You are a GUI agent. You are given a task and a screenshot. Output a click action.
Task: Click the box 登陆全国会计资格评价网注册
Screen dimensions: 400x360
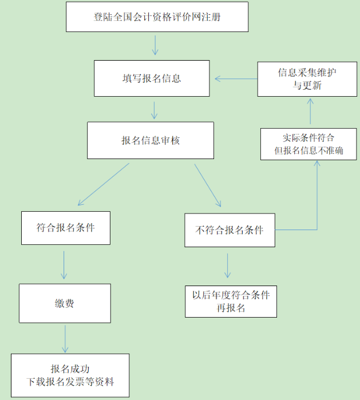click(157, 17)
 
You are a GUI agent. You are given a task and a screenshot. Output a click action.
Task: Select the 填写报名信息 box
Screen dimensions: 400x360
click(152, 78)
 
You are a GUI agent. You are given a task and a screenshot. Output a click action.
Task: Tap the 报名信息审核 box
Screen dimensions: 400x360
click(151, 140)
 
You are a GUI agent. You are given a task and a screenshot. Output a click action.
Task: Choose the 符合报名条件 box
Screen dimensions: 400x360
click(65, 227)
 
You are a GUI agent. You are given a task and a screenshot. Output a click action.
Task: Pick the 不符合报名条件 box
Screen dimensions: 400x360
click(230, 230)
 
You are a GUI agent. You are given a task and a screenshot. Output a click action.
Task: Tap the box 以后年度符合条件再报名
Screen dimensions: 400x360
click(231, 301)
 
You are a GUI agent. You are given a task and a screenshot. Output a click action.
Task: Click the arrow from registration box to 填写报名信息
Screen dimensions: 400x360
click(155, 45)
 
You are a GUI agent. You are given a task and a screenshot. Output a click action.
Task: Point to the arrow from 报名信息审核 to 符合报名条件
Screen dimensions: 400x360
click(103, 184)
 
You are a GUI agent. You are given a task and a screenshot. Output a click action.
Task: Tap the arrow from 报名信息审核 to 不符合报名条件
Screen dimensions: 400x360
click(207, 184)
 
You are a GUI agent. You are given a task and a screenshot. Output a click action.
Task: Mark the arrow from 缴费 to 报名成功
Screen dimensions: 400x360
click(65, 338)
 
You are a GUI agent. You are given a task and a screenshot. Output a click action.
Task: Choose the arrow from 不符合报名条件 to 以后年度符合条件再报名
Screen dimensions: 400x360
click(228, 265)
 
